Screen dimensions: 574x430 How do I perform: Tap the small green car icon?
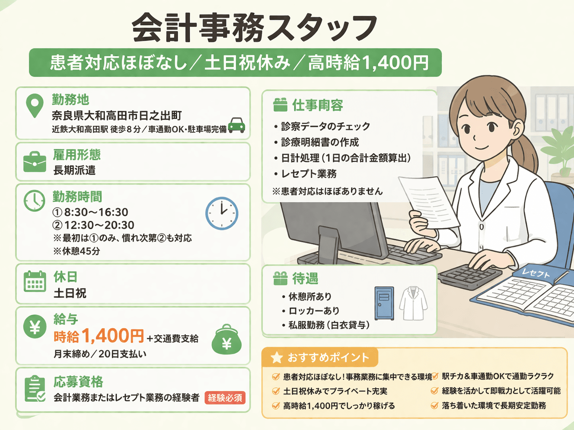click(x=237, y=125)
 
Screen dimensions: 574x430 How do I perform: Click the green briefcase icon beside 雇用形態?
click(x=35, y=162)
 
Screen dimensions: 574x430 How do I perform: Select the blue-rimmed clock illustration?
click(x=222, y=213)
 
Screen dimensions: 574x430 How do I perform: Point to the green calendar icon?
click(x=35, y=282)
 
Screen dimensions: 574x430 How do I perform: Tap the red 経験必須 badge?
click(x=225, y=398)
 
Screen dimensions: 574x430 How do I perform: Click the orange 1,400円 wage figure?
click(x=113, y=335)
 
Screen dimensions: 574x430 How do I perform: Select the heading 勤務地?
click(x=70, y=99)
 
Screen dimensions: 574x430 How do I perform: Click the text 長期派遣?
click(x=75, y=170)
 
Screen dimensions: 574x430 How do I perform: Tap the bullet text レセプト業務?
click(x=309, y=174)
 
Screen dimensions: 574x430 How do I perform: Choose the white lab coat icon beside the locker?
click(x=413, y=303)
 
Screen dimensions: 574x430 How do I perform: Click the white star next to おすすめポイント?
click(x=276, y=358)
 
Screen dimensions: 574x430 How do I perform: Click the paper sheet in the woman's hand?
click(x=429, y=201)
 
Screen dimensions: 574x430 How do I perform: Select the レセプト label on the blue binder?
click(x=536, y=273)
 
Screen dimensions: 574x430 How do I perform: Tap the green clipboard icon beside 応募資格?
click(x=35, y=389)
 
